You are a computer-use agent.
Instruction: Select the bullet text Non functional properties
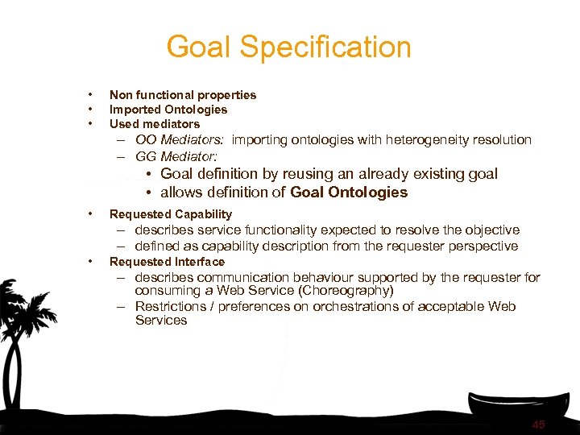coord(183,95)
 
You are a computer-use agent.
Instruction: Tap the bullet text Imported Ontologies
coord(168,110)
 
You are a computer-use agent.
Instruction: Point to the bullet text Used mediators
coord(155,124)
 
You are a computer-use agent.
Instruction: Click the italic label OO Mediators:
coord(180,140)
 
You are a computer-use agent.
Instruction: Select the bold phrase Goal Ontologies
coord(349,193)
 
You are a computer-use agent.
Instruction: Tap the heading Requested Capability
coord(171,214)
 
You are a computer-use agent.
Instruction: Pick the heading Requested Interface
coord(167,262)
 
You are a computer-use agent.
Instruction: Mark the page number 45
coord(538,425)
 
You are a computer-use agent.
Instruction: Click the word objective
coord(493,230)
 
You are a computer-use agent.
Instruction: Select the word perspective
coord(482,246)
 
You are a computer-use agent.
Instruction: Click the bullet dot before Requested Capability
coord(93,214)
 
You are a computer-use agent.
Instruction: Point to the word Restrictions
coord(170,307)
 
